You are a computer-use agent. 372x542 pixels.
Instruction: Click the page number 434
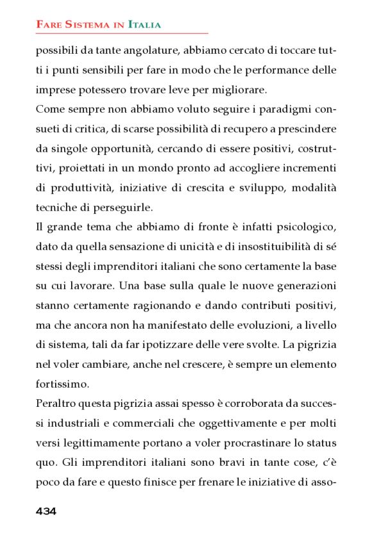tap(46, 511)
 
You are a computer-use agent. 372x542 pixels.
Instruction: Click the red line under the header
tap(122, 33)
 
